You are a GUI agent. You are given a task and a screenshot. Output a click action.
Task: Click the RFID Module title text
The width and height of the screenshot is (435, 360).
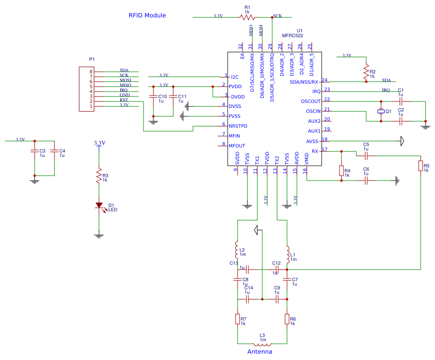point(147,15)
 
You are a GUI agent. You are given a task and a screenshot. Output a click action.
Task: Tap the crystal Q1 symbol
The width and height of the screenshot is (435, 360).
point(381,111)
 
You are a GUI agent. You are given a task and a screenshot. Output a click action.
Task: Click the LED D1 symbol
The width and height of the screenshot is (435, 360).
point(98,205)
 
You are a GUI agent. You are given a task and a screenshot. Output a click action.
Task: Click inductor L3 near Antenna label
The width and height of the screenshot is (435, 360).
point(262,344)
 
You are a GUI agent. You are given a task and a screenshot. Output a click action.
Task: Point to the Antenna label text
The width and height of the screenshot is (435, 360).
point(259,352)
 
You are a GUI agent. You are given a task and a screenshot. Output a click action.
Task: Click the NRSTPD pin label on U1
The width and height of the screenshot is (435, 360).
point(238,126)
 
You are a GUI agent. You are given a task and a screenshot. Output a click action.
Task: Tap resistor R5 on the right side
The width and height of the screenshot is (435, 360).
point(420,166)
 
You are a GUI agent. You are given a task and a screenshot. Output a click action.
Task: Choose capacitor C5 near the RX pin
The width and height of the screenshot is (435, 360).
point(366,155)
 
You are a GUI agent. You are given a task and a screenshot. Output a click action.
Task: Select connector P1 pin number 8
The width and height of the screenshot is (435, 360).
point(91,72)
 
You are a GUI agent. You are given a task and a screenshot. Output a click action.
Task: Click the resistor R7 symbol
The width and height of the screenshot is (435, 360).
point(238,319)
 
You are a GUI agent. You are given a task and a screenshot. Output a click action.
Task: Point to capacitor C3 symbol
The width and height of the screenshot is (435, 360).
point(34,151)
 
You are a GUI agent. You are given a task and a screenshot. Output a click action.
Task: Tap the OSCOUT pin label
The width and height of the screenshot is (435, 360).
point(310,101)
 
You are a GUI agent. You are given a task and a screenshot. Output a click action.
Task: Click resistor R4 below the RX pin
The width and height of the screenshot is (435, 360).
point(341,171)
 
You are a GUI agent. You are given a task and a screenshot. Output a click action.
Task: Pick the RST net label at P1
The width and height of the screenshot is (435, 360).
point(124,100)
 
